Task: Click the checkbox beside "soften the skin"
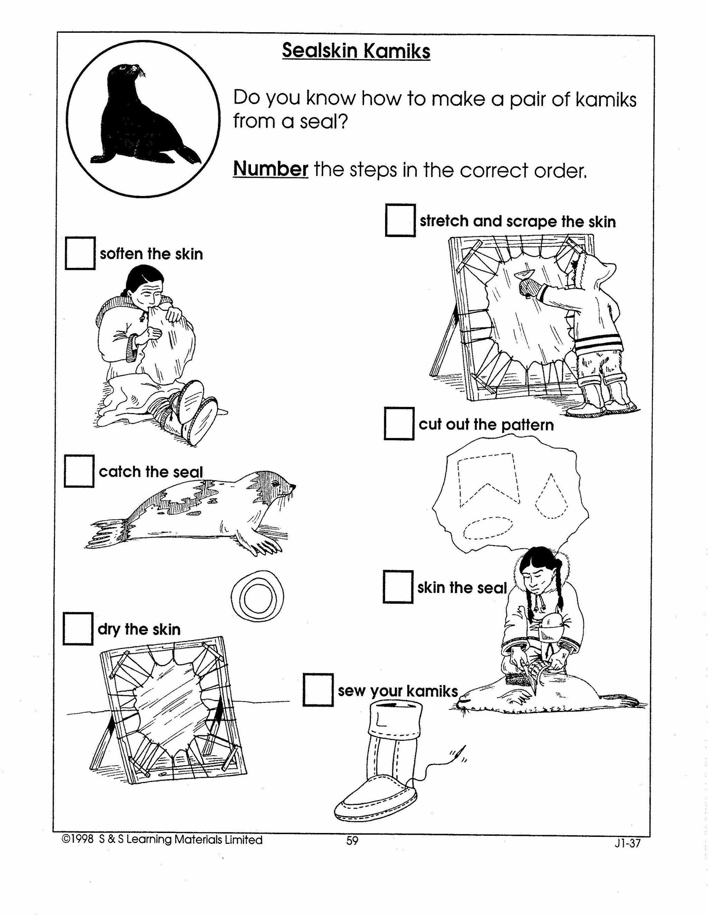click(80, 254)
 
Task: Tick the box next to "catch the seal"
click(79, 471)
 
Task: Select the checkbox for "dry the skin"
click(78, 629)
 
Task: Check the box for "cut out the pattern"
click(399, 424)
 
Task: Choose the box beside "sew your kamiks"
click(318, 690)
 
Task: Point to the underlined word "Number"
click(271, 169)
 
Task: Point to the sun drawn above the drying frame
click(257, 596)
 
